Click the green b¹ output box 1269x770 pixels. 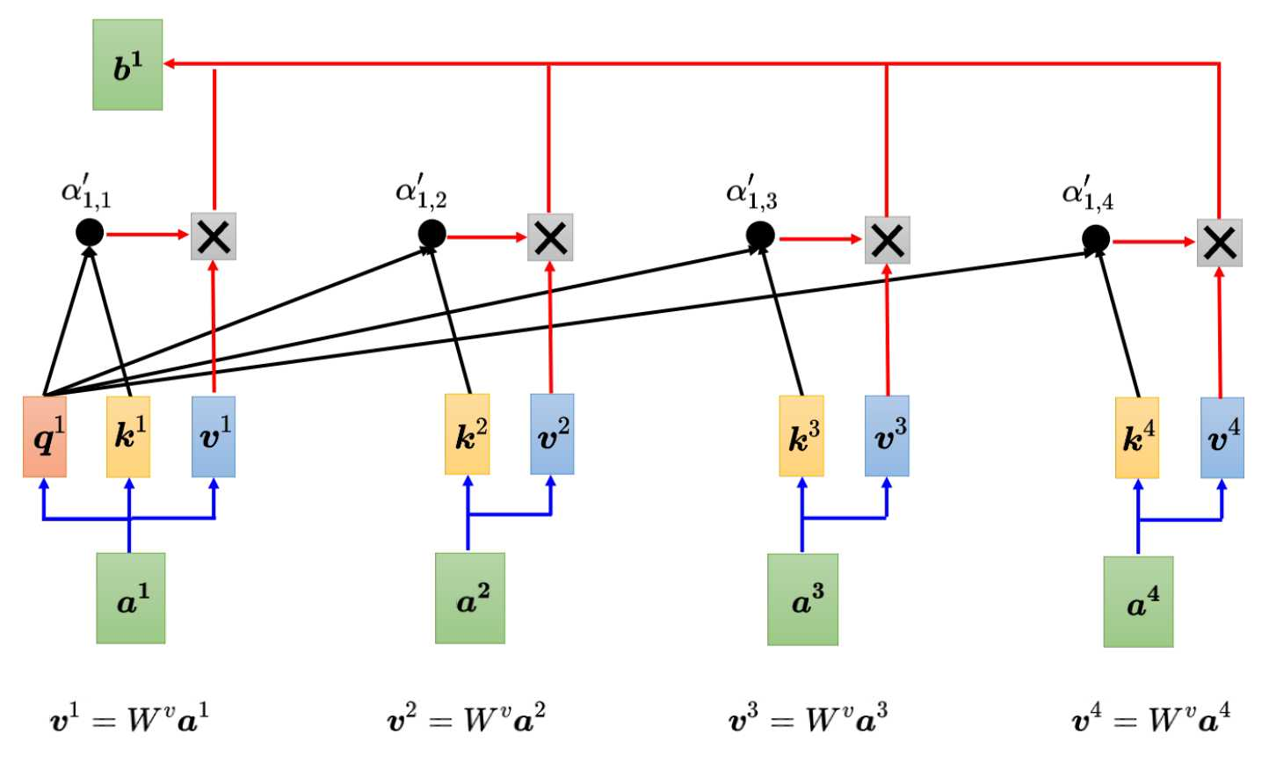(127, 65)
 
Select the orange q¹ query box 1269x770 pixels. (45, 437)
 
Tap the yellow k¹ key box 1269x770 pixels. (128, 437)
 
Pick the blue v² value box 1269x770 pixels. (552, 434)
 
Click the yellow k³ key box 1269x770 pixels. (801, 436)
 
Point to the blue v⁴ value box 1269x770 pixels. (1222, 438)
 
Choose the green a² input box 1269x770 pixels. (470, 599)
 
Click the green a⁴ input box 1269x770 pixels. (1138, 602)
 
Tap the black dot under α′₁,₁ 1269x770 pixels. (90, 233)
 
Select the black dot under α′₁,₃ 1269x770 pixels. (760, 235)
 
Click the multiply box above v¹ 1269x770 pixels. (214, 236)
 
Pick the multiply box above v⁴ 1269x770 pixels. (1219, 243)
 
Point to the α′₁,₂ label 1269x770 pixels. (420, 192)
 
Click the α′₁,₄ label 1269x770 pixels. (1086, 194)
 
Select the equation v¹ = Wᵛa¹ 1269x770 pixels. (129, 719)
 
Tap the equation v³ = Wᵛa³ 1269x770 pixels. (808, 719)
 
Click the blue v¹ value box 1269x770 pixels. (214, 437)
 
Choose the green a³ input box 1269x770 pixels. (802, 599)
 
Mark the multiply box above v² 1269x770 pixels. (550, 237)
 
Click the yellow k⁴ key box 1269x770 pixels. (1137, 438)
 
